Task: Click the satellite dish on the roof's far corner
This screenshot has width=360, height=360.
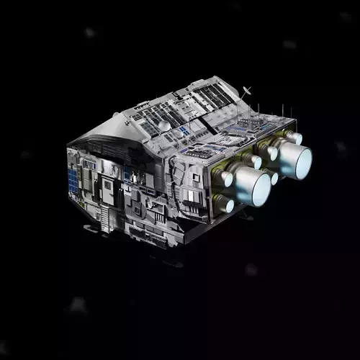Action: click(x=248, y=91)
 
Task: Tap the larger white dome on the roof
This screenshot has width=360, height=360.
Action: click(x=165, y=125)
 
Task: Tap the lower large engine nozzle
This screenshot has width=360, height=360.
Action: click(x=253, y=188)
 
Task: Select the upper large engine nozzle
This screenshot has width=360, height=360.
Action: click(x=293, y=159)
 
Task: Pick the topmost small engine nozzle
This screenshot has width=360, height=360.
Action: click(x=294, y=136)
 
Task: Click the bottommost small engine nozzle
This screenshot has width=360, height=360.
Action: click(x=224, y=204)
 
